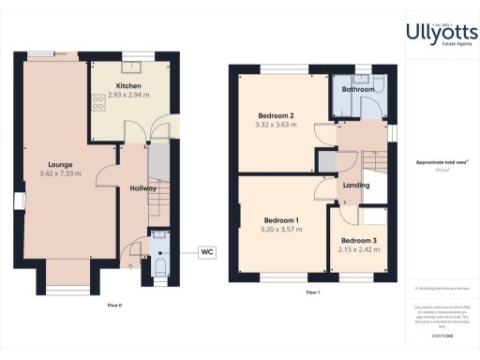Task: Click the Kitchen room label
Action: point(130,85)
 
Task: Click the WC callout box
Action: point(207,251)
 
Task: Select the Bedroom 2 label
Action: point(275,116)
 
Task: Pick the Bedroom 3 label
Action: point(356,240)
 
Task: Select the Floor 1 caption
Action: point(312,293)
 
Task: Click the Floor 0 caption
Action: point(114,305)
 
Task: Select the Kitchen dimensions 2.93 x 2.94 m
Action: point(130,96)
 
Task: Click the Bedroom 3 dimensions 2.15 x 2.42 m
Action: point(356,250)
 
